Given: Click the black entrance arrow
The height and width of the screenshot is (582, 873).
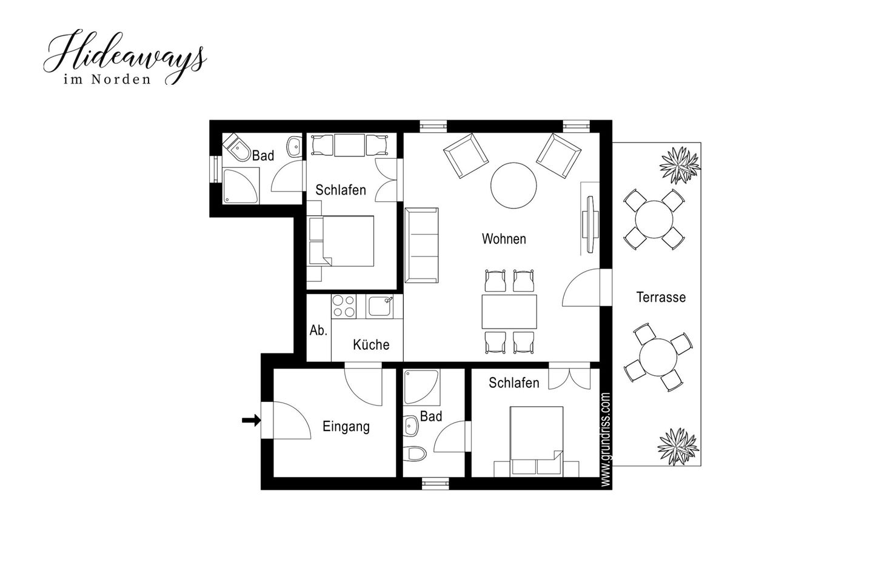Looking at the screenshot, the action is (252, 420).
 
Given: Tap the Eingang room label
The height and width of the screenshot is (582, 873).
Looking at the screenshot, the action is (346, 427).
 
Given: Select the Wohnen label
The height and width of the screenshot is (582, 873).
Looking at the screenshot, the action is (504, 239).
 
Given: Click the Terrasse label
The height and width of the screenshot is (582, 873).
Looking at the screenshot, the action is (661, 298).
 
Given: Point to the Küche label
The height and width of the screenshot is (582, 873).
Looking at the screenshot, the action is (371, 344).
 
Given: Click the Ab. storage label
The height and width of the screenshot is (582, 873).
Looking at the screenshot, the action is (318, 330).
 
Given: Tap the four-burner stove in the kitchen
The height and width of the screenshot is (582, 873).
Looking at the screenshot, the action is (344, 306).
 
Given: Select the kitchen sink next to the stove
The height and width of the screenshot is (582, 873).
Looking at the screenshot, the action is (380, 306).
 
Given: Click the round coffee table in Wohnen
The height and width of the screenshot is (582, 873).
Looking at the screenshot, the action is (513, 186).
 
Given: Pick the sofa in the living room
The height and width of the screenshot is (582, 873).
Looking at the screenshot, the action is (421, 245).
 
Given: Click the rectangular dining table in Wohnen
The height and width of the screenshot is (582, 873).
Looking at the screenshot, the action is (509, 312).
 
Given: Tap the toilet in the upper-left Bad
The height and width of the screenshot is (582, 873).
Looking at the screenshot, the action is (238, 148).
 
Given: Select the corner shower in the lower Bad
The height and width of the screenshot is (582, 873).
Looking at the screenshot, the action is (422, 387).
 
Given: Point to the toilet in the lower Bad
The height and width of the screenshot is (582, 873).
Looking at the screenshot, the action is (415, 453).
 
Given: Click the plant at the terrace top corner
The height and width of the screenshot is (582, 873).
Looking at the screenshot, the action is (680, 165).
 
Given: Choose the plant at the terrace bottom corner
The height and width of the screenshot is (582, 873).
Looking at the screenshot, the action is (677, 446).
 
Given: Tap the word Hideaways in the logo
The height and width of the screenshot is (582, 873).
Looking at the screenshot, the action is (125, 54).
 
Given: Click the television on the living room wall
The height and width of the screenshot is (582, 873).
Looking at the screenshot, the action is (590, 224).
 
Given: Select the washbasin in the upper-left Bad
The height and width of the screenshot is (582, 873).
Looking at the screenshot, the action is (294, 147).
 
